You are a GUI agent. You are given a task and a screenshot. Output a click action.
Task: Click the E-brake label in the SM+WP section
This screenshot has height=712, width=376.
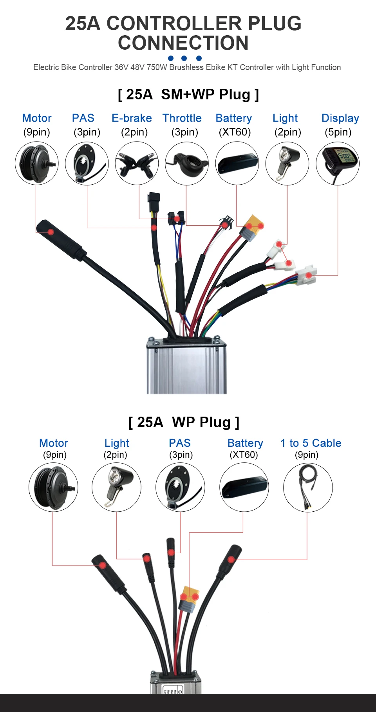coord(132,118)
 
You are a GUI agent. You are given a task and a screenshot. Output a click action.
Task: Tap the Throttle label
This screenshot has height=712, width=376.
coord(182,118)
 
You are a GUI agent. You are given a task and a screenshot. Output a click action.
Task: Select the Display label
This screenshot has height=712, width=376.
coord(340,118)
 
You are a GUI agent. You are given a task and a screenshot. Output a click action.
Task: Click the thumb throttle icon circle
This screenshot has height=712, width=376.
coord(187,163)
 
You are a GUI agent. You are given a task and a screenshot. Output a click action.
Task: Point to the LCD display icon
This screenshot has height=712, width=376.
coord(338,163)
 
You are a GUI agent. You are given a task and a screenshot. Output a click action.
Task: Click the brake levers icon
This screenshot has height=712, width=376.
coord(137,163)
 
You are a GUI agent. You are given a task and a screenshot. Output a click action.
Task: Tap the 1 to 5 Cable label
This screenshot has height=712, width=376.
coord(311,443)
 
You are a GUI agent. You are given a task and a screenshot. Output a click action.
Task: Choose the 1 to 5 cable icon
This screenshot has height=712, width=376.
coord(308,487)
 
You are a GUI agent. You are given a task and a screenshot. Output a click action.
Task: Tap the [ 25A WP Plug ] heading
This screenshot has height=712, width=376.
coord(184,423)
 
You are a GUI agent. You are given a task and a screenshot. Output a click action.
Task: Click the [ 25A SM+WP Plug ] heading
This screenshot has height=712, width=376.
coord(188,95)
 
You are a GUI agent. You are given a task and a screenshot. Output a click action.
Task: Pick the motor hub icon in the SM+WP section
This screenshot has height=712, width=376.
coord(36,163)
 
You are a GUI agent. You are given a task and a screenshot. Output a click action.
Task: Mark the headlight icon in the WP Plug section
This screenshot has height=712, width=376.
coord(116,487)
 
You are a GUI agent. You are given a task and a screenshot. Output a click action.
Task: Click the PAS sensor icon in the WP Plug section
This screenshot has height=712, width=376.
coord(180,487)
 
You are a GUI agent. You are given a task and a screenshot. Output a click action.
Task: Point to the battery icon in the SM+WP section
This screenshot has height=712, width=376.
coord(237,163)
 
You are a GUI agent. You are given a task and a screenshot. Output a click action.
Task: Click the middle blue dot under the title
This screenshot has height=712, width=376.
coord(184,58)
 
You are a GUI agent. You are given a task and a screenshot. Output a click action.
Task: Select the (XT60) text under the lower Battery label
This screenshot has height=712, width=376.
coord(244,455)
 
